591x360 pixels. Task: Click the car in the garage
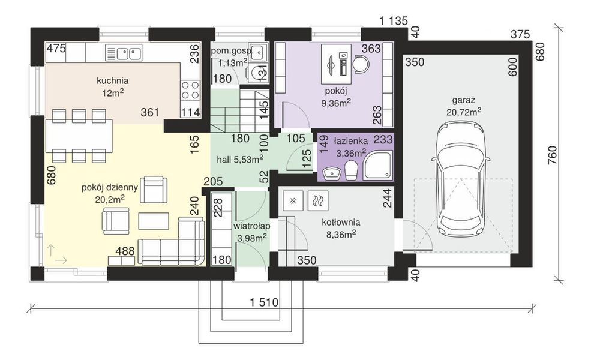(x=461, y=178)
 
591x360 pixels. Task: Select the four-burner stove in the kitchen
(x=190, y=90)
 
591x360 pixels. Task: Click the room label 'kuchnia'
(x=112, y=80)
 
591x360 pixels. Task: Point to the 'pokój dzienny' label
(x=110, y=188)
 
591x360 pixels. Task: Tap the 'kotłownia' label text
(x=341, y=223)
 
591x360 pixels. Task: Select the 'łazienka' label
(x=350, y=142)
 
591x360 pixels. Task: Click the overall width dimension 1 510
(x=264, y=302)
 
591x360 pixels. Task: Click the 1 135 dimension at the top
(x=394, y=21)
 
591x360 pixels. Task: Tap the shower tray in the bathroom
(x=377, y=165)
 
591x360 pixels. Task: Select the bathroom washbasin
(x=332, y=173)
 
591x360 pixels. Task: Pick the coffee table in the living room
(x=154, y=221)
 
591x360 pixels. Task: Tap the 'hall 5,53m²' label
(x=240, y=160)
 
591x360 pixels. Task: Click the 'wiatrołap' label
(x=252, y=226)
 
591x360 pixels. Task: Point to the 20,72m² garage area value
(x=464, y=112)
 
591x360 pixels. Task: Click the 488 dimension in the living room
(x=125, y=251)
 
